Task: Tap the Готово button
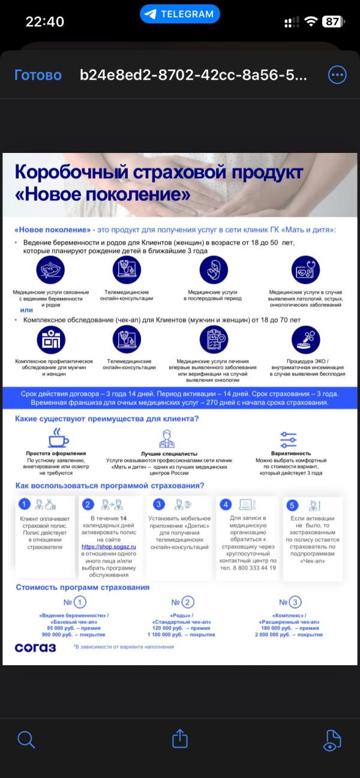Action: click(x=38, y=75)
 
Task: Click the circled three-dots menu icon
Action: click(x=337, y=74)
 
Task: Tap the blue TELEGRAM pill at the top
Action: click(x=180, y=14)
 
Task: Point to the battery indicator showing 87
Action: click(x=332, y=22)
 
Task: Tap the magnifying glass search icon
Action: click(x=26, y=739)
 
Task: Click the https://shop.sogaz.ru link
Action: click(x=109, y=547)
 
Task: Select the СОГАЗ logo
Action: click(x=35, y=647)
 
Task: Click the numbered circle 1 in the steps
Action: click(x=24, y=504)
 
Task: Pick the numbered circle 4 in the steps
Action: click(x=227, y=504)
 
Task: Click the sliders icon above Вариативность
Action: click(x=288, y=439)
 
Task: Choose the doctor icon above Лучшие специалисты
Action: click(x=167, y=440)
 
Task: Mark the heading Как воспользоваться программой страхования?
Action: click(x=110, y=485)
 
